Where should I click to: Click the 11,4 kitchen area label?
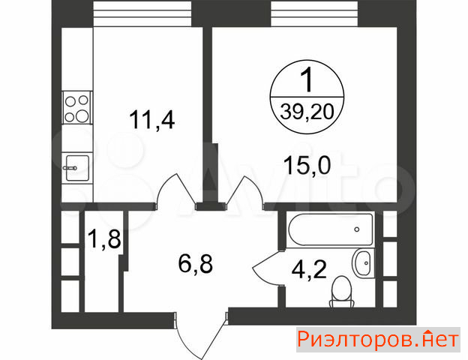pos(152,120)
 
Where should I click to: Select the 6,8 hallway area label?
pos(196,264)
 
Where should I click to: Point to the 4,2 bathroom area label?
pos(309,269)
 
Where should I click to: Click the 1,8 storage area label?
pos(104,238)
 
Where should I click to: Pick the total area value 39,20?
pos(307,112)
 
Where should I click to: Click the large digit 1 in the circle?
pos(307,79)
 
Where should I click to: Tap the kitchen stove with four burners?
pos(77,108)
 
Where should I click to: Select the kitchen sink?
pos(77,168)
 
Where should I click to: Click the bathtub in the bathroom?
pos(331,229)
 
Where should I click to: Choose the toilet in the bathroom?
pos(342,292)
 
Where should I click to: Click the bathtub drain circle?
pos(357,229)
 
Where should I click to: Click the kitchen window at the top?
pos(142,13)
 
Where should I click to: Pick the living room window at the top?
pos(314,13)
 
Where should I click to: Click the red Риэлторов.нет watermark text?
pos(378,340)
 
